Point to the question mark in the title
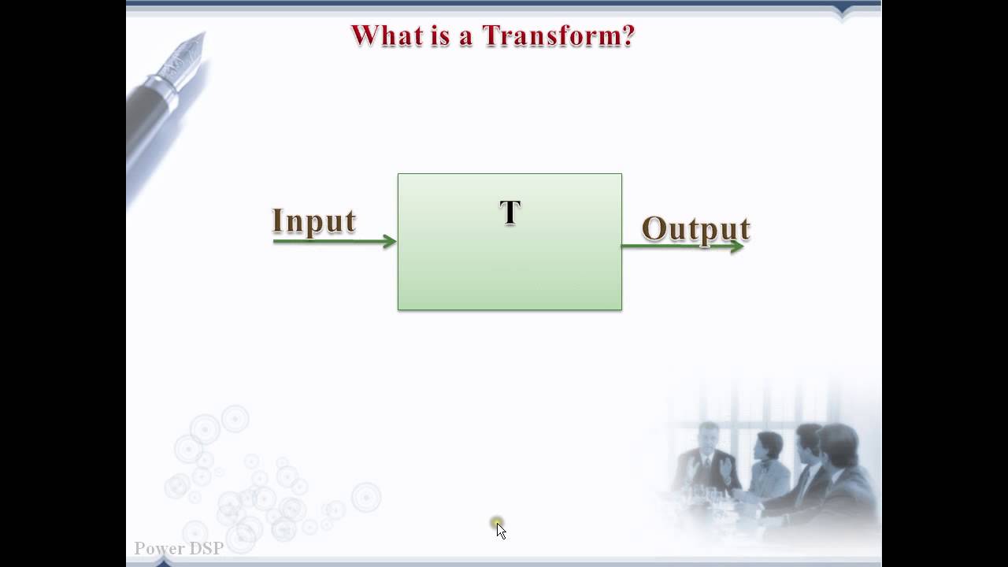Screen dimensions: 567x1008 click(628, 36)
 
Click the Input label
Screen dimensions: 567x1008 click(313, 221)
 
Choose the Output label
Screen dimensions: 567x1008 click(695, 228)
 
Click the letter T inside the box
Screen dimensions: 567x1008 click(510, 213)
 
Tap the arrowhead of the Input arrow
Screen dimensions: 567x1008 click(390, 242)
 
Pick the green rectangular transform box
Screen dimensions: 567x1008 click(510, 268)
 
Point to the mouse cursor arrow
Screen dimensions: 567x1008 click(501, 531)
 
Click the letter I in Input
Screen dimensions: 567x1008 click(276, 221)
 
